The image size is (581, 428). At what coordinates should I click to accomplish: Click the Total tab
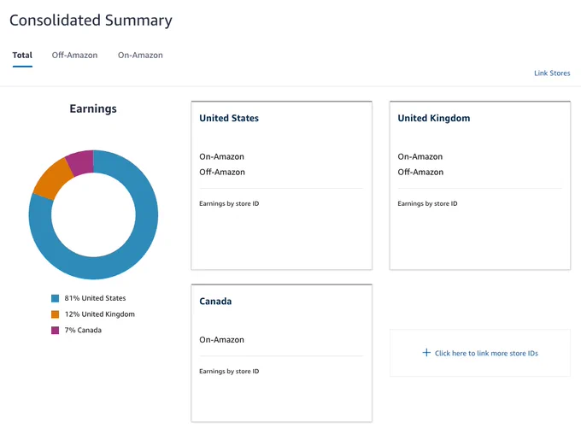pos(22,56)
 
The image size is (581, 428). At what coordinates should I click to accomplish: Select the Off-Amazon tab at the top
pos(74,56)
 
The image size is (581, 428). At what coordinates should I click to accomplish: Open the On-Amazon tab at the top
pos(140,56)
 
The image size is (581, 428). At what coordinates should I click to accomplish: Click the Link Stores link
pos(552,73)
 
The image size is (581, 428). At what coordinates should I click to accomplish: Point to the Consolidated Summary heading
pos(91,20)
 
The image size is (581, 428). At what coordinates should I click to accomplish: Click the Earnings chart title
pos(93,108)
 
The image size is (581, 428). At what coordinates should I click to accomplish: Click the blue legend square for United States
pos(56,298)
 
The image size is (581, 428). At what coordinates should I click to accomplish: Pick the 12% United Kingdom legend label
pos(100,314)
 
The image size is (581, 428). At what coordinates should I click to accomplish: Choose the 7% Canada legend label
pos(83,330)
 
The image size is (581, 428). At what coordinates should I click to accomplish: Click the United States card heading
pos(229,118)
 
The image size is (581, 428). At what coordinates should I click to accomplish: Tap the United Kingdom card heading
pos(434,118)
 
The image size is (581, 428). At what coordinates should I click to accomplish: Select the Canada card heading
pos(215,302)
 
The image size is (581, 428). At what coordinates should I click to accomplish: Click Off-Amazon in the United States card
pos(222,172)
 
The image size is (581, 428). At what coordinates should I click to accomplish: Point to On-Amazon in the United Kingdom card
pos(420,156)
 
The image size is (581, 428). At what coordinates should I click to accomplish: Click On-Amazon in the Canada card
pos(221,340)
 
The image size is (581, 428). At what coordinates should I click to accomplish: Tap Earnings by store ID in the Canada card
pos(229,372)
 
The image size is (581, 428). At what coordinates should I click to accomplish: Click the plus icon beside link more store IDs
pos(426,353)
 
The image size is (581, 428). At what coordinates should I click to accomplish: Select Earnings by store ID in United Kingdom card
pos(427,203)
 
